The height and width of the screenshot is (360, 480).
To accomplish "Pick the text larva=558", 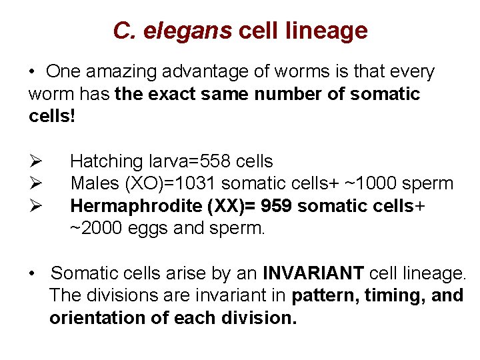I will [188, 161].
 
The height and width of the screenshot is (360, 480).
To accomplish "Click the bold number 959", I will [277, 206].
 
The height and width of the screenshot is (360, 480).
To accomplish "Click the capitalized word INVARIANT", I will [313, 273].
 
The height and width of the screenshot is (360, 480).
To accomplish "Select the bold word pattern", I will [325, 295].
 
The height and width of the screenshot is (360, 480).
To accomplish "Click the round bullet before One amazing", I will [32, 71].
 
